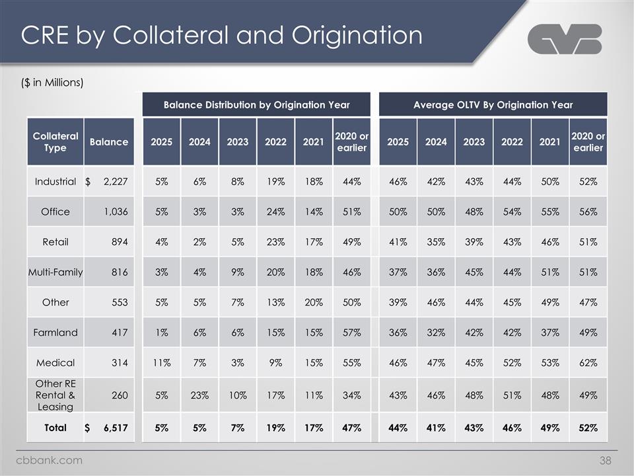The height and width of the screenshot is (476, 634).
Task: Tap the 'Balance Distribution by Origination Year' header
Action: (257, 104)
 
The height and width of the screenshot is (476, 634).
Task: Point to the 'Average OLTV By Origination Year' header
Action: (493, 104)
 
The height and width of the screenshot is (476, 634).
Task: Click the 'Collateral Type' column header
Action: (55, 141)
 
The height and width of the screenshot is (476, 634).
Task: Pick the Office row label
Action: (55, 212)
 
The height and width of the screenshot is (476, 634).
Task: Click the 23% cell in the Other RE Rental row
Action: (199, 395)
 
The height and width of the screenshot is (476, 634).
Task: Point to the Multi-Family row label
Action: (55, 272)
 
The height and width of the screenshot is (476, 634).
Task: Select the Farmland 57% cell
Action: (351, 333)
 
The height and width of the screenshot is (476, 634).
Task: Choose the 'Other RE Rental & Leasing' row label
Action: (55, 395)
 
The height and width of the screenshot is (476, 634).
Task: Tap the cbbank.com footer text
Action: (50, 460)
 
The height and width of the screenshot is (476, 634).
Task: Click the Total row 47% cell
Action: (351, 428)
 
